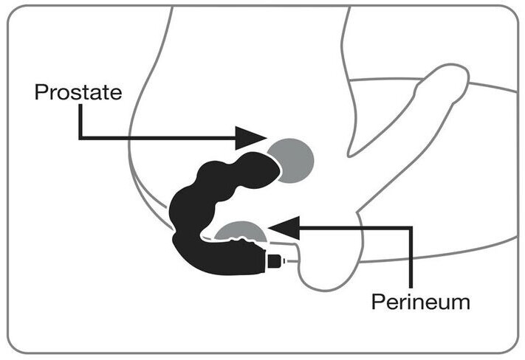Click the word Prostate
click(x=78, y=93)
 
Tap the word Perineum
click(x=420, y=302)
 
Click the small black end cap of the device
click(x=275, y=262)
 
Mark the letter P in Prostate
click(x=41, y=93)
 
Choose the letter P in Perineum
click(x=377, y=302)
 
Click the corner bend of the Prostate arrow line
click(x=80, y=136)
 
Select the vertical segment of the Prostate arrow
click(x=80, y=122)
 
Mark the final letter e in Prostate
click(x=114, y=94)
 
